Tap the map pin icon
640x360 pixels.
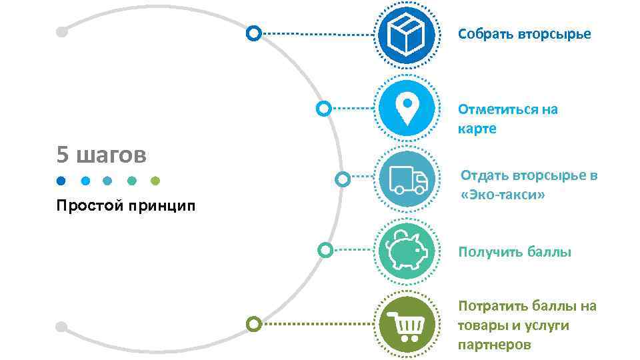(407, 109)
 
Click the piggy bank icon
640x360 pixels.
(407, 251)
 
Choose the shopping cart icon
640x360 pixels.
(407, 325)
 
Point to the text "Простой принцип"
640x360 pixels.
(126, 205)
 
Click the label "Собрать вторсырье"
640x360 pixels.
(524, 33)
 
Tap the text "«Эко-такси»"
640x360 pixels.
(503, 195)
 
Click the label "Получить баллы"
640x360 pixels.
(514, 252)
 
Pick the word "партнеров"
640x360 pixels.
(494, 345)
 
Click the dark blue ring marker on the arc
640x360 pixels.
(253, 33)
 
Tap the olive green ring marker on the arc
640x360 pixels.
(253, 325)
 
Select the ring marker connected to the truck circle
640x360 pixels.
(342, 179)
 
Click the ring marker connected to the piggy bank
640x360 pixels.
(325, 251)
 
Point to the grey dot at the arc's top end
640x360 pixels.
(61, 31)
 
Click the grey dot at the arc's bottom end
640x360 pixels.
(61, 327)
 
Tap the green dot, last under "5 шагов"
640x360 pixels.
(155, 180)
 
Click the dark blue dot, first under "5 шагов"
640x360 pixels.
(61, 180)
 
